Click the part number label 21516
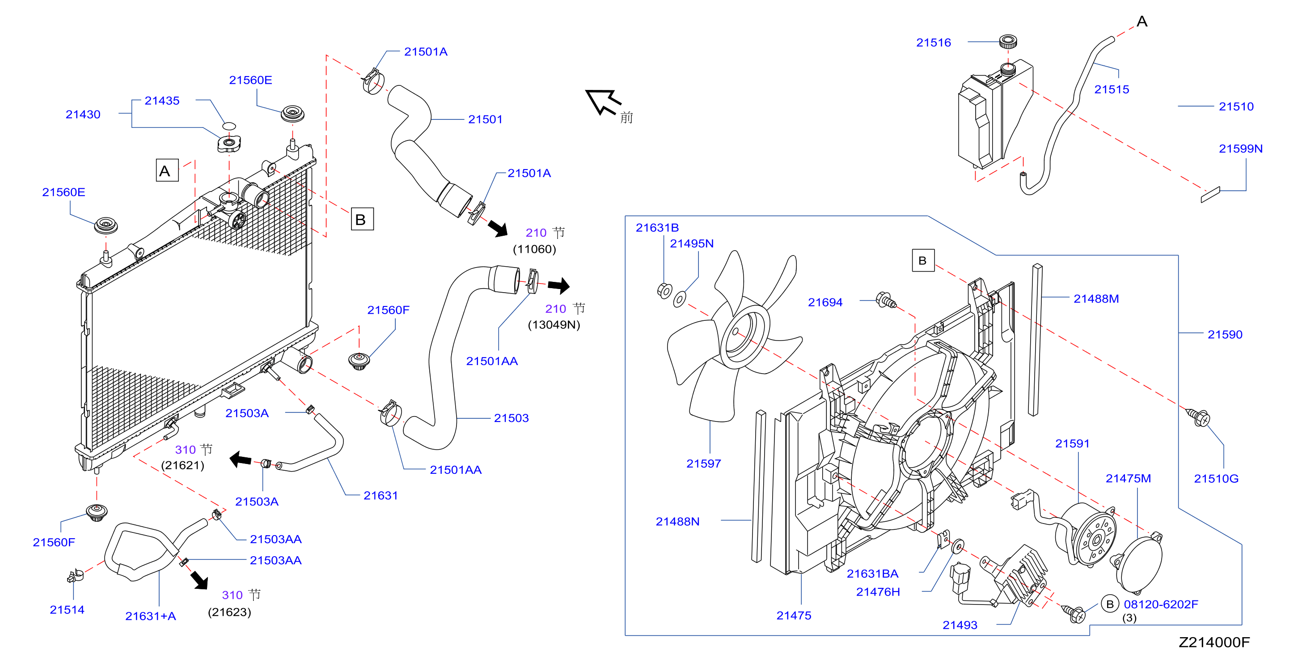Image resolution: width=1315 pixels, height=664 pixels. click(933, 43)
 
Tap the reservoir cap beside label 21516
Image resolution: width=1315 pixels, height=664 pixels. click(1008, 41)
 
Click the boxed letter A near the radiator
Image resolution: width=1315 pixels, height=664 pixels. click(167, 170)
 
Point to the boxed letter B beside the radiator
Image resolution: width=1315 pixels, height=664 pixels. click(362, 219)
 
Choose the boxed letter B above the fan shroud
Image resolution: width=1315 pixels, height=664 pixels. click(923, 260)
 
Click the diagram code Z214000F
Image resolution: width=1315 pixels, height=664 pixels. click(1214, 642)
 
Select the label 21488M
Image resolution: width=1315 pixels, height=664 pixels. click(1096, 299)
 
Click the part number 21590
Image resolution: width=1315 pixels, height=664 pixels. click(1225, 335)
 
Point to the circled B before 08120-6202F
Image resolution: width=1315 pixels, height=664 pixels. click(1109, 604)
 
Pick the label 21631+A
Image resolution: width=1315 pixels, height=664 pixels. click(151, 616)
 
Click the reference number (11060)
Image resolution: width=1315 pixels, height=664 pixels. click(534, 249)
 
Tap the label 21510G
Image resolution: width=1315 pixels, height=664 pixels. click(1216, 479)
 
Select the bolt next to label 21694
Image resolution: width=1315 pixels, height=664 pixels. click(886, 300)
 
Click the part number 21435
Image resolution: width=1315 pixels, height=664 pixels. click(162, 101)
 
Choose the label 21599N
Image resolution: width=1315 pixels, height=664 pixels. click(1240, 149)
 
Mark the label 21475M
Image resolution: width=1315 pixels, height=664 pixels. click(1128, 479)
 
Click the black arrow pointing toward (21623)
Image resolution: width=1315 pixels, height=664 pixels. click(199, 580)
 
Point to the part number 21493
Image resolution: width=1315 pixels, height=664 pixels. click(960, 625)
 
